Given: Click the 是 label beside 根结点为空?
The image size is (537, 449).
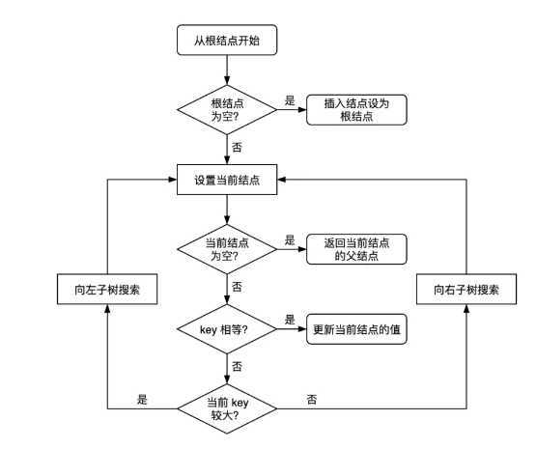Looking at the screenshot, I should (290, 100).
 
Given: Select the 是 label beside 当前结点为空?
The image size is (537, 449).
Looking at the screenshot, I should (290, 239).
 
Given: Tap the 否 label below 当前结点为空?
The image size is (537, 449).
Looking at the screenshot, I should (238, 288).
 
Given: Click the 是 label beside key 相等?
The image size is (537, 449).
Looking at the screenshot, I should (290, 320).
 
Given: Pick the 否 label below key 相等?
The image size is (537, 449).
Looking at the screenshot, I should (238, 368).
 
